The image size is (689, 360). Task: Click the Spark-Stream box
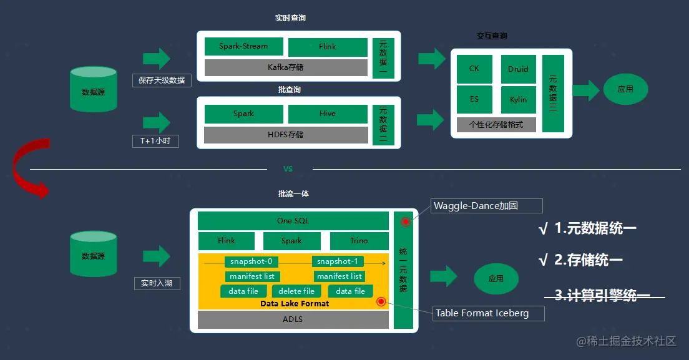pos(243,47)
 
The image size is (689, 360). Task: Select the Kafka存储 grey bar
pos(286,67)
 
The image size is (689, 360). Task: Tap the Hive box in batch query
pos(328,114)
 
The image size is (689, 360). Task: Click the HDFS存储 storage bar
pos(286,134)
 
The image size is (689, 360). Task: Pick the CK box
pos(474,69)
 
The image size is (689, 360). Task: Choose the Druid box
pos(518,69)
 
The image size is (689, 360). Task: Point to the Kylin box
pos(518,100)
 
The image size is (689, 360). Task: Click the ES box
pos(474,100)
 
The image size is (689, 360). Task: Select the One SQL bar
pos(293,221)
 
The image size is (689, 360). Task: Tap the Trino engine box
pos(359,241)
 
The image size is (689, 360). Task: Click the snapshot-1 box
pos(338,261)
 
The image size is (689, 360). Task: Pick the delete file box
pos(296,291)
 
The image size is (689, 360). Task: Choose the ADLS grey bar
pos(293,319)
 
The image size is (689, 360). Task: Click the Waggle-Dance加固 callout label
pos(487,205)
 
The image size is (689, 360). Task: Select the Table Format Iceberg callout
pos(489,313)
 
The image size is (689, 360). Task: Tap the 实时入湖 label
pos(157,283)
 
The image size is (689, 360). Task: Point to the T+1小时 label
pos(155,141)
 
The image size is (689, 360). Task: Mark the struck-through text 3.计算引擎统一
pos(602,296)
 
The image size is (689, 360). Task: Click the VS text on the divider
pos(288,169)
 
